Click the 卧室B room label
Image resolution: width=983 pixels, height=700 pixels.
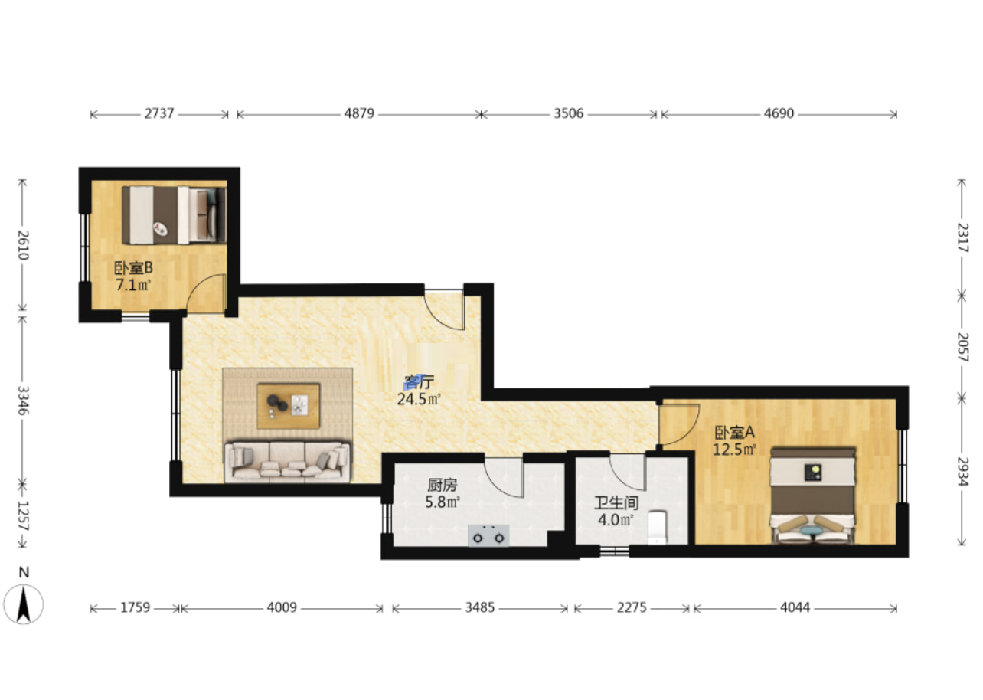click(133, 268)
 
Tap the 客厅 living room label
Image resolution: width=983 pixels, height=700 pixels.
click(419, 382)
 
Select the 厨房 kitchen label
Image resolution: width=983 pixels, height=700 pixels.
click(443, 485)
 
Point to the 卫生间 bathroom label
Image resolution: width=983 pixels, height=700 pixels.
click(616, 503)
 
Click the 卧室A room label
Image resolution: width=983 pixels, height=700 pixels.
click(735, 433)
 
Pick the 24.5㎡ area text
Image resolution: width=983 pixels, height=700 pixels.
click(419, 399)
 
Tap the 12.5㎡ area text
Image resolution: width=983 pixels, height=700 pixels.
click(734, 450)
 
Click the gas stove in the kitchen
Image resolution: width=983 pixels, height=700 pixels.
click(488, 536)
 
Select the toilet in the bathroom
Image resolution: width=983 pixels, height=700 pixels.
click(657, 527)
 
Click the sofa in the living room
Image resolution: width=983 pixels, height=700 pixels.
click(287, 463)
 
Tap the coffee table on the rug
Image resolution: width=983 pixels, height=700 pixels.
click(289, 406)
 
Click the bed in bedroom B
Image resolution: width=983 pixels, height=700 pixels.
click(175, 215)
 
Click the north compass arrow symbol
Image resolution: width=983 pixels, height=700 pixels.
click(23, 604)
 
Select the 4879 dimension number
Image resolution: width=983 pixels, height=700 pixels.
click(359, 113)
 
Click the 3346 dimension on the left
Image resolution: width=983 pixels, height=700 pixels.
click(23, 401)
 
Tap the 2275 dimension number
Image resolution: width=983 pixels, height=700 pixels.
click(632, 608)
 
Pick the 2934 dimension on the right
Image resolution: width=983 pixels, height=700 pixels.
click(962, 472)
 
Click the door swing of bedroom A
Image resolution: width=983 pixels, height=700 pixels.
click(678, 425)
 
